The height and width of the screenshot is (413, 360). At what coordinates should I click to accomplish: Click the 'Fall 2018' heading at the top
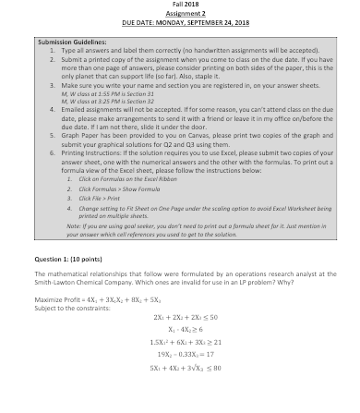pyautogui.click(x=181, y=6)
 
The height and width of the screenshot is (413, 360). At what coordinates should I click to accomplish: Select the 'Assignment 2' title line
pyautogui.click(x=181, y=14)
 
